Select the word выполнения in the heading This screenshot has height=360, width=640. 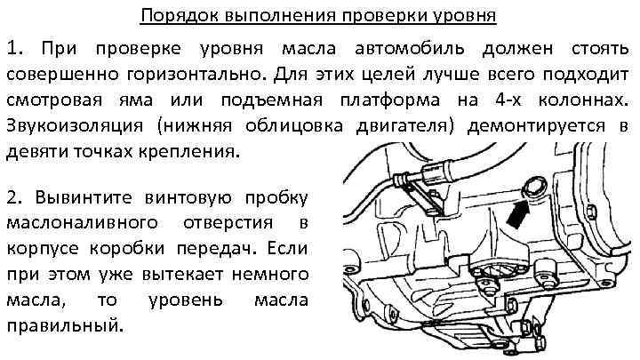[x=281, y=16]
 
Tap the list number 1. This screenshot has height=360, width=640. [x=15, y=49]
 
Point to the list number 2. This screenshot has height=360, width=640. [x=16, y=197]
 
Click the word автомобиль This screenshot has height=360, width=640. [x=410, y=49]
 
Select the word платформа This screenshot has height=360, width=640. [x=390, y=100]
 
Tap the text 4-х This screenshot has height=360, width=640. [x=508, y=100]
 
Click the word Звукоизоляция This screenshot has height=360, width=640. [x=75, y=126]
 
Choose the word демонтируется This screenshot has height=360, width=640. [x=536, y=126]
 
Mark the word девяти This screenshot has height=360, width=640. [x=37, y=152]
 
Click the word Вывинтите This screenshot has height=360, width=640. [x=84, y=197]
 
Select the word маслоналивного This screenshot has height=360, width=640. [x=83, y=223]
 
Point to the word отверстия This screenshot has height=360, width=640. [x=228, y=223]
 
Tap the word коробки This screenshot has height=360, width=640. [x=127, y=249]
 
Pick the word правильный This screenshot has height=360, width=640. [x=65, y=326]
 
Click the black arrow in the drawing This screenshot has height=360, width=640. [x=518, y=215]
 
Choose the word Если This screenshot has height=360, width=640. [x=287, y=249]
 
